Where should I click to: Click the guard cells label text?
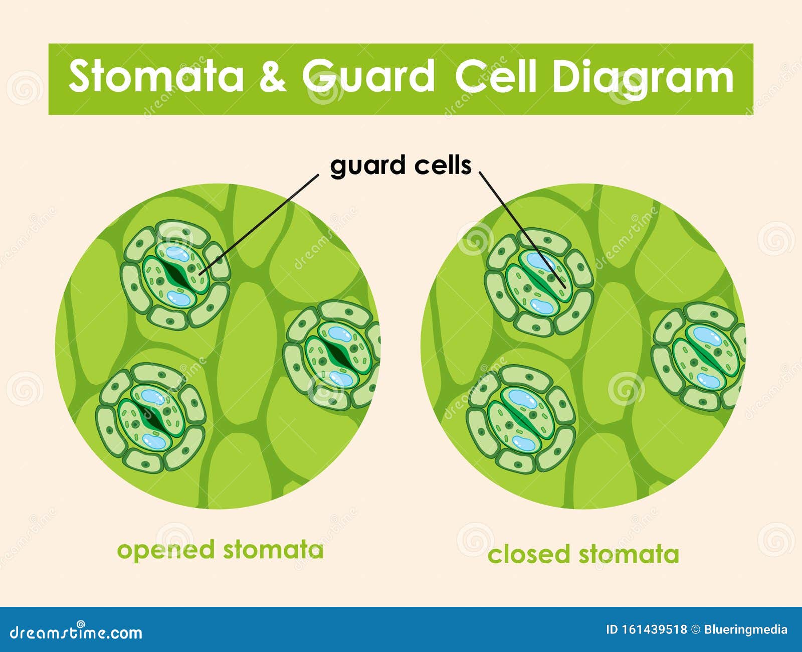point(400,166)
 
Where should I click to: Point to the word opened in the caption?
point(165,550)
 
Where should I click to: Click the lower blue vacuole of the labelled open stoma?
point(179,298)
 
